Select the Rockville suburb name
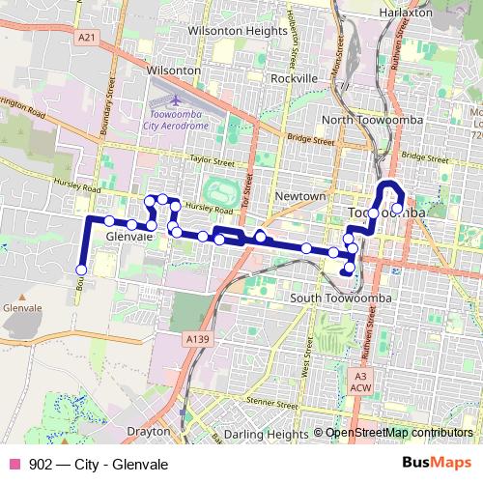(x=295, y=77)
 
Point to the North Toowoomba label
(x=363, y=119)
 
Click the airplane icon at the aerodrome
(x=176, y=99)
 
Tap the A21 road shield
(x=88, y=37)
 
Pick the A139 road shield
(x=198, y=338)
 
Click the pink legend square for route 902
(x=14, y=464)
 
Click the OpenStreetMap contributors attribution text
(x=399, y=434)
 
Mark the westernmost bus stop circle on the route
(x=81, y=270)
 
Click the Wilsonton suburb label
(x=174, y=71)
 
